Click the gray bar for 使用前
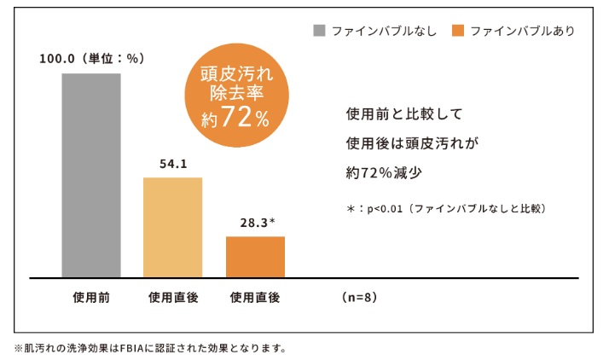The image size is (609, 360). coord(91,175)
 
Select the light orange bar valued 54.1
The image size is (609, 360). coord(173,227)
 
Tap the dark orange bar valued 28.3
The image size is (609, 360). coord(255,257)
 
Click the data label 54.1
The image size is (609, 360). coord(173,164)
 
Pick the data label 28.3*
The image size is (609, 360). coord(257,223)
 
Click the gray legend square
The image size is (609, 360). coord(320,31)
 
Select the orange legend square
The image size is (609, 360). coord(459,31)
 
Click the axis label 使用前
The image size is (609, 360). coord(90,298)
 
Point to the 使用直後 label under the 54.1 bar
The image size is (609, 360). coord(173,298)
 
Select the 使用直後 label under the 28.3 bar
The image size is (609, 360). coord(255,298)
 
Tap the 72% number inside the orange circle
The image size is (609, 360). coord(248,119)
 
